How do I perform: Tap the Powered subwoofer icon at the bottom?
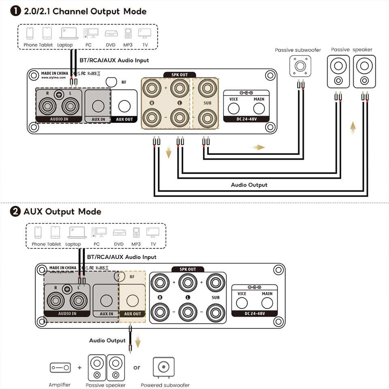tap(164, 367)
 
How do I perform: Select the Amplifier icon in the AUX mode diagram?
tap(60, 368)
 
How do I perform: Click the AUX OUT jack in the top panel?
tap(124, 107)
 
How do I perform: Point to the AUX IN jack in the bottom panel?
tap(106, 301)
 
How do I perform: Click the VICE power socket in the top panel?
tap(234, 108)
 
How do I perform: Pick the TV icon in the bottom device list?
tap(153, 233)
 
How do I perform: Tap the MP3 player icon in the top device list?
tap(128, 33)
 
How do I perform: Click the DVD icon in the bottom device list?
tap(119, 233)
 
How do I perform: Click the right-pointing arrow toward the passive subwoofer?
tap(258, 147)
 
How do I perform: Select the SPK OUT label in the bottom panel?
tap(187, 269)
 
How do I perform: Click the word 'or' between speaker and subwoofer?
tap(137, 368)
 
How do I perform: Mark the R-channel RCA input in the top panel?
tap(47, 107)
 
